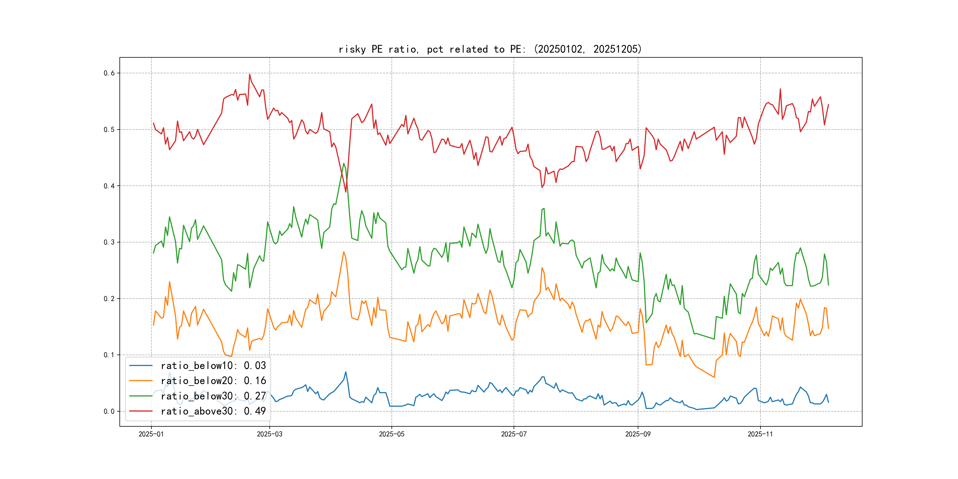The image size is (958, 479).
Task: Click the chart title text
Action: tap(490, 49)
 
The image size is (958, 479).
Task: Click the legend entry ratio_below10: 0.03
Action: tap(213, 365)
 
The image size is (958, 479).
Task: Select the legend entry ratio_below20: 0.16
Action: tap(213, 381)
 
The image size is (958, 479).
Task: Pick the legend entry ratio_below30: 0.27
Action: tap(213, 396)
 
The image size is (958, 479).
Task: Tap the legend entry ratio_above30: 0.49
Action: tap(213, 411)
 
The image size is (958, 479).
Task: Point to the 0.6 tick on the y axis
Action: tap(109, 73)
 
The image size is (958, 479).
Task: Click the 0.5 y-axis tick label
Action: tap(109, 130)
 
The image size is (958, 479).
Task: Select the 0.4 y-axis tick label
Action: tap(109, 186)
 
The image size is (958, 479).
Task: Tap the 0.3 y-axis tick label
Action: tap(109, 242)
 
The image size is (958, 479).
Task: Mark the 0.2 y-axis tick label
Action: tap(109, 299)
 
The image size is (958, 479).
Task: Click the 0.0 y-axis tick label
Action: tap(109, 411)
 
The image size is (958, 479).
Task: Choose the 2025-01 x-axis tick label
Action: tap(151, 434)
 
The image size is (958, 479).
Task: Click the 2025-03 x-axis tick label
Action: tap(270, 434)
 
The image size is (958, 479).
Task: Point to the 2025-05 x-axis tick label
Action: tap(391, 434)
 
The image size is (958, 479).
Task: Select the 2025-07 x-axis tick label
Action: tap(514, 434)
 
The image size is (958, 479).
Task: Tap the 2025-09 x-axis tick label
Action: tap(638, 434)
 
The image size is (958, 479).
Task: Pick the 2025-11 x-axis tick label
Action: tap(760, 434)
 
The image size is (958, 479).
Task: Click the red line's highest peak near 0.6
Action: tap(250, 75)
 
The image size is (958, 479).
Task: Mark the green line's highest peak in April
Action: tap(344, 163)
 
